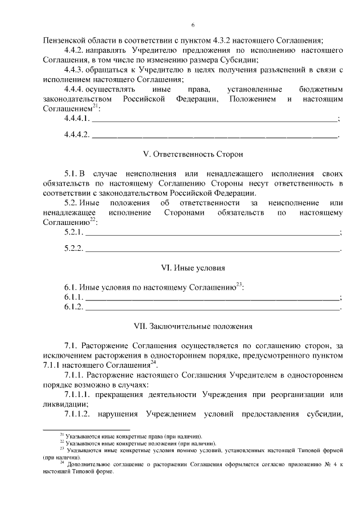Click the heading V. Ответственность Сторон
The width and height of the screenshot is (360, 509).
(192, 154)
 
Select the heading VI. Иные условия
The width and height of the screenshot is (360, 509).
(192, 268)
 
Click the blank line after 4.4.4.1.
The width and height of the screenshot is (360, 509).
(214, 119)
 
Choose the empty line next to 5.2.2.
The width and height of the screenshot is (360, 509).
(212, 248)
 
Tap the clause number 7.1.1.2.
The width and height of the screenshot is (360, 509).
(79, 415)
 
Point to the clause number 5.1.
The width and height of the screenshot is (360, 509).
(70, 173)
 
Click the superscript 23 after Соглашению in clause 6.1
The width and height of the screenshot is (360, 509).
(238, 284)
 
